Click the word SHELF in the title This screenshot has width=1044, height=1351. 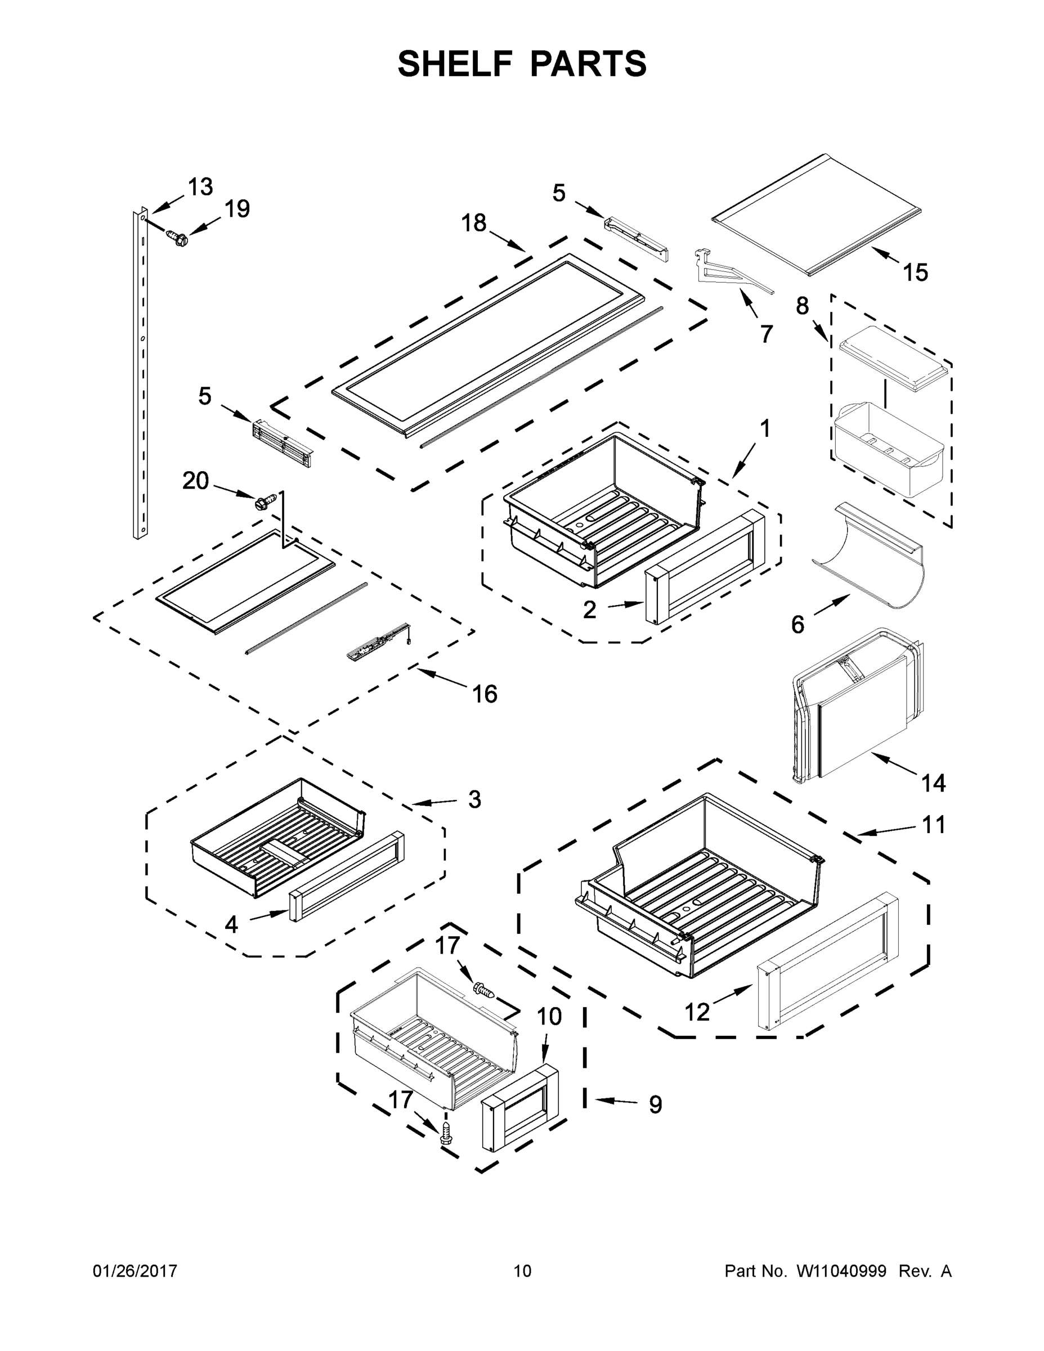click(x=456, y=64)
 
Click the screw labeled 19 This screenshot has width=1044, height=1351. click(x=177, y=238)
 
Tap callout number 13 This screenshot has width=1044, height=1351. click(x=200, y=186)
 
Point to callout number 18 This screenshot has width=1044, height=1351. click(x=474, y=223)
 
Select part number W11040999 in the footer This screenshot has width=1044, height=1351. click(x=841, y=1271)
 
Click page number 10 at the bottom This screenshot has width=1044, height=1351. click(x=522, y=1271)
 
